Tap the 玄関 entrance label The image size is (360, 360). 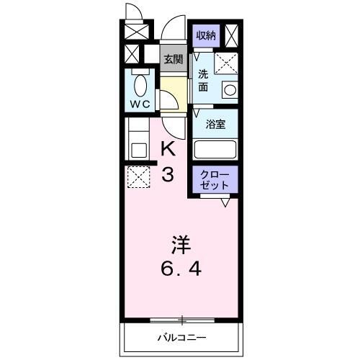(171, 60)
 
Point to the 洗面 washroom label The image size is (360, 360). (204, 79)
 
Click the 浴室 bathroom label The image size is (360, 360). (215, 124)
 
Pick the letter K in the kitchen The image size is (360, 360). (167, 150)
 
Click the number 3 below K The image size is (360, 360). (167, 174)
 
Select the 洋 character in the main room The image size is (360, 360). (181, 243)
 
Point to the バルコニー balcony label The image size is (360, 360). (182, 337)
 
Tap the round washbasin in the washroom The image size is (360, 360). (230, 91)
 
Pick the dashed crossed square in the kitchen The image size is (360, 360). (138, 176)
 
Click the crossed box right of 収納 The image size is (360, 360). (233, 35)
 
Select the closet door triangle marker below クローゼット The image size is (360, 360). (225, 203)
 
